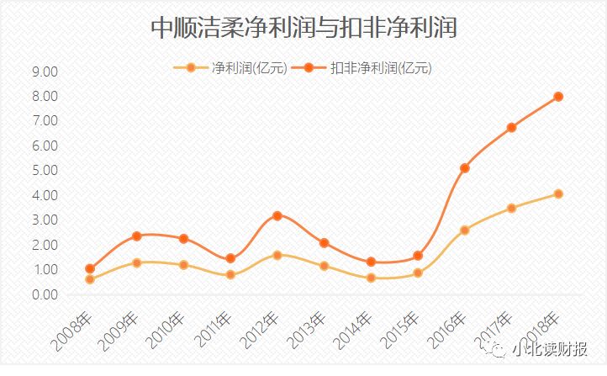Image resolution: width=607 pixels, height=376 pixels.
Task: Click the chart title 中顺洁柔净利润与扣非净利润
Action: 303,28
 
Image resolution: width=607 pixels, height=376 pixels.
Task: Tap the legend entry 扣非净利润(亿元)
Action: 382,68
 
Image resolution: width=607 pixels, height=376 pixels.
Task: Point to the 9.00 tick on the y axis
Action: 44,72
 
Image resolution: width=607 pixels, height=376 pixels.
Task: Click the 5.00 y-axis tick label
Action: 44,171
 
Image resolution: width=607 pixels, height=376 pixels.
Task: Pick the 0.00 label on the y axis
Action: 44,295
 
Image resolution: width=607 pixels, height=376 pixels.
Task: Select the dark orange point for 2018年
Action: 558,97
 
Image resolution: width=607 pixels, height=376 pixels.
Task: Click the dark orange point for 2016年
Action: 464,168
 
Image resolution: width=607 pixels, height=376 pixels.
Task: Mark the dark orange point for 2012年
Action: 277,216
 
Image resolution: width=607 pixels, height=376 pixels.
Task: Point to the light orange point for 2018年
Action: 558,194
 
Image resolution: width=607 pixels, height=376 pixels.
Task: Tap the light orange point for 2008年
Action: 90,279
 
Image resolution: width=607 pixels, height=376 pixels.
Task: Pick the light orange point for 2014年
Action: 371,278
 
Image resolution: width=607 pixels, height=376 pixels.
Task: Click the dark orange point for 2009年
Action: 137,236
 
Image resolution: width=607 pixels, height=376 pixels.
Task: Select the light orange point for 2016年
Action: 464,230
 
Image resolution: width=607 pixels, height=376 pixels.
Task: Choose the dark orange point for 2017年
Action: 511,128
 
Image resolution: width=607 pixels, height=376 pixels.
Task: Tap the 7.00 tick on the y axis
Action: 44,121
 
